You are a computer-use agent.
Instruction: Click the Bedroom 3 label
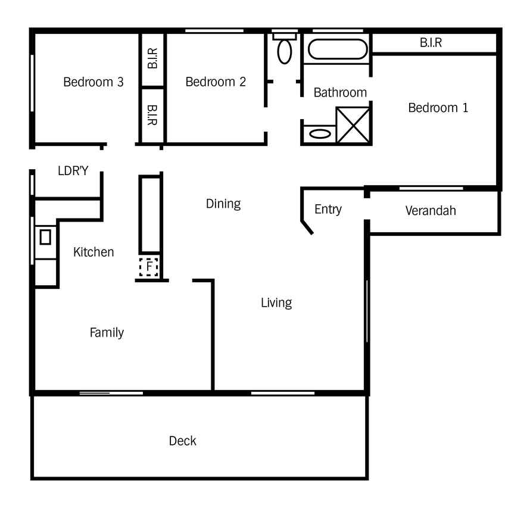tap(93, 82)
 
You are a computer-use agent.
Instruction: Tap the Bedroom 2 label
tap(216, 82)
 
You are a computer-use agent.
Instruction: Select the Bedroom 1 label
tap(438, 108)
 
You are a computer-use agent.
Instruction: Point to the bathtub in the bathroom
tap(338, 49)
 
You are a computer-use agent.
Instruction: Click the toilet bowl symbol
tap(285, 52)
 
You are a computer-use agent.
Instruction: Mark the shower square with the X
tap(353, 125)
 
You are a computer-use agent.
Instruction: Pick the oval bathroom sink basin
tap(320, 134)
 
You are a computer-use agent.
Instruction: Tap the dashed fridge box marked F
tap(149, 267)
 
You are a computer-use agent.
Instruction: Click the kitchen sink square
tap(45, 237)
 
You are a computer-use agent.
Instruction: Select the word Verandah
tap(431, 211)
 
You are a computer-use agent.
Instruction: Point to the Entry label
tap(328, 210)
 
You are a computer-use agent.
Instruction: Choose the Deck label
tap(183, 441)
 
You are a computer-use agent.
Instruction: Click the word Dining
tap(223, 204)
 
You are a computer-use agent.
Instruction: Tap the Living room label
tap(276, 303)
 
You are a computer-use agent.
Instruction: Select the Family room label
tap(107, 333)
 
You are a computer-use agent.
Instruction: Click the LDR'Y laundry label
tap(73, 171)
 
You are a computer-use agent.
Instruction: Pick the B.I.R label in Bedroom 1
tap(431, 43)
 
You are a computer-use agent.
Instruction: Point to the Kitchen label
tap(93, 252)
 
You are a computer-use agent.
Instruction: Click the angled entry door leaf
tap(307, 227)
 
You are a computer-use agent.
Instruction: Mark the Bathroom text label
tap(341, 93)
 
